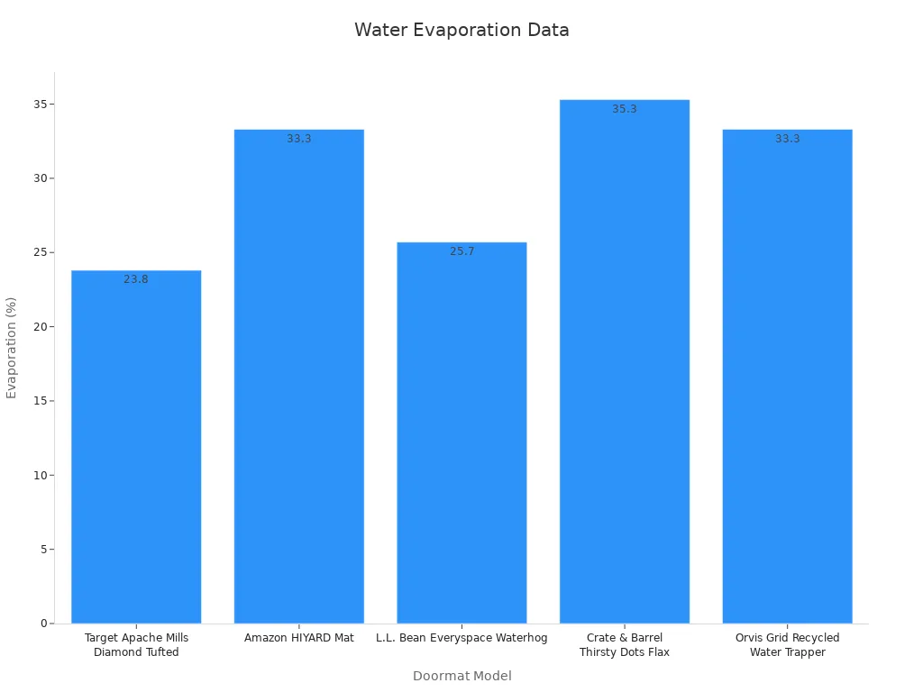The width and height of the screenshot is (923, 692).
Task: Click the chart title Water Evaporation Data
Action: pos(461,30)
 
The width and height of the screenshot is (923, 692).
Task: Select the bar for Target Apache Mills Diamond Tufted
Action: pos(136,451)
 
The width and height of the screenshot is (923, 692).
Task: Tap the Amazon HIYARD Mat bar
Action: pos(299,378)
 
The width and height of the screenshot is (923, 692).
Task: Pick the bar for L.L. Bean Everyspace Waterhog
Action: pos(461,432)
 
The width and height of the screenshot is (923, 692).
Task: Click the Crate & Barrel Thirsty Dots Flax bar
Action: pos(625,360)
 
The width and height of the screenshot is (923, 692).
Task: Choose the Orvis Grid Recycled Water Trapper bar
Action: pos(787,378)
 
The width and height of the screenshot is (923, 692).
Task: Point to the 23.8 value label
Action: pos(136,279)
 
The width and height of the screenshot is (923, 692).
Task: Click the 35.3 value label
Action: pos(625,109)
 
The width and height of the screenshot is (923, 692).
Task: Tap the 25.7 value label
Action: pos(461,251)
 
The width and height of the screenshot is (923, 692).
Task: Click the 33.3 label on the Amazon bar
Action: pos(299,139)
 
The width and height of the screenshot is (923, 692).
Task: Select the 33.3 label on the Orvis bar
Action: pos(787,139)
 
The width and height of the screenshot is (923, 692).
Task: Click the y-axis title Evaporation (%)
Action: pos(12,347)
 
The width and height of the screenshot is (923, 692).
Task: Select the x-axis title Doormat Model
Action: pos(461,676)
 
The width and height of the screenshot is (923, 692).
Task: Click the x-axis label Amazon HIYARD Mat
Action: pos(299,638)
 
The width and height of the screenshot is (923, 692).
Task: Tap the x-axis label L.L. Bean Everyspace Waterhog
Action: pos(461,638)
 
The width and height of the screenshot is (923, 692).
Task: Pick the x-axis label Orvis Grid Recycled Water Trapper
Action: pos(787,645)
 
